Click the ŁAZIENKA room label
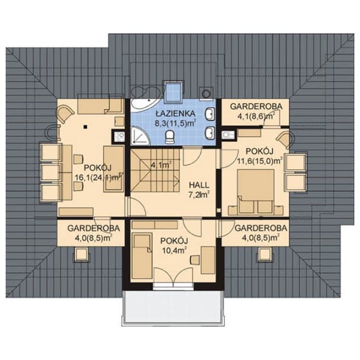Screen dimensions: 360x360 175,114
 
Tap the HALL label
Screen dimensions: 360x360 199,185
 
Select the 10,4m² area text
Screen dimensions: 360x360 174,250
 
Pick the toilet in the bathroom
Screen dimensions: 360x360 170,137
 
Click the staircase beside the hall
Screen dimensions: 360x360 155,170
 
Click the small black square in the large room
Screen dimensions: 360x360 85,127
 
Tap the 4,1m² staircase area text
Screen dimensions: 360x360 161,165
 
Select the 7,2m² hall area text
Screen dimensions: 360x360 199,195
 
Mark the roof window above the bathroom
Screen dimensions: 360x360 174,91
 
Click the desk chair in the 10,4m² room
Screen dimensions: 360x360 195,260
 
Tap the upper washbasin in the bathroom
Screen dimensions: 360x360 210,114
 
